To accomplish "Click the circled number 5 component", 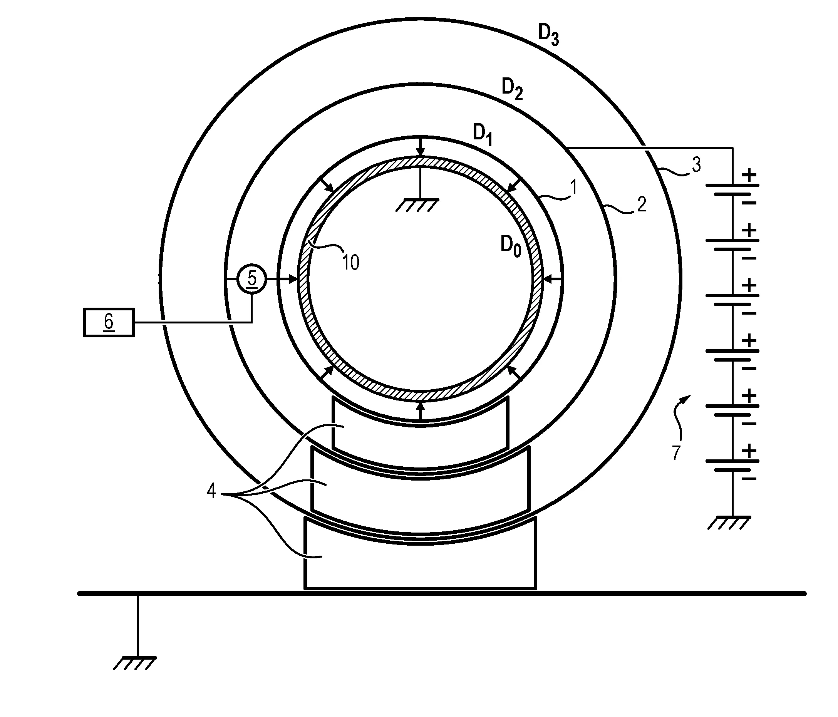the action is coord(251,279).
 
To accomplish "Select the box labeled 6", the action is coord(109,322).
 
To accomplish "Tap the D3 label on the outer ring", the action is coord(548,35).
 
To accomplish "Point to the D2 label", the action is coord(512,89).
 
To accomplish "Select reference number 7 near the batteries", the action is coord(676,453).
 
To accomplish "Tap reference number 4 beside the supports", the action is coord(211,491).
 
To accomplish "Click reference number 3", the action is coord(696,165).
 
